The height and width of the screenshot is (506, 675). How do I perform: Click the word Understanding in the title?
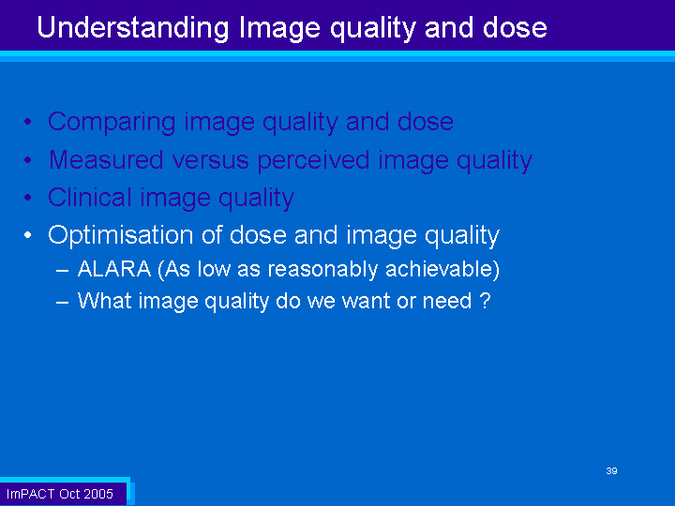[x=133, y=28]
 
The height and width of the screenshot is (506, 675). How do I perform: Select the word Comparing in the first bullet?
[x=112, y=123]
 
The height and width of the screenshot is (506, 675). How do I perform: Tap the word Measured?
[x=106, y=159]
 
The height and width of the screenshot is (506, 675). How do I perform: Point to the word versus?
[x=211, y=160]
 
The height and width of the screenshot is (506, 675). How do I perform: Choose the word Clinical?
[x=90, y=198]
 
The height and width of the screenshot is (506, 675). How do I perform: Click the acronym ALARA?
[x=114, y=269]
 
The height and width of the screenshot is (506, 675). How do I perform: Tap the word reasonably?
[x=322, y=270]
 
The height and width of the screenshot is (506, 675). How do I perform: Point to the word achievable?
[x=440, y=269]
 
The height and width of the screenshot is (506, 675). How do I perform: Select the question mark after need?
[x=486, y=301]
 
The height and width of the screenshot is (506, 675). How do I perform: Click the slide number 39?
[x=611, y=470]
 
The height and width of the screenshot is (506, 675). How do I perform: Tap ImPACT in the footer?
[x=30, y=494]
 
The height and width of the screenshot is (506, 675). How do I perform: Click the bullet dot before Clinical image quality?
[x=28, y=198]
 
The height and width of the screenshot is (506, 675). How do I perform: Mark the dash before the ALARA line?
[x=63, y=271]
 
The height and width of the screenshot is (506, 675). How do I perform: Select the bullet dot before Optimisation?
[x=28, y=235]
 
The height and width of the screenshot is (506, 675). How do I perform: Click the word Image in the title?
[x=279, y=29]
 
